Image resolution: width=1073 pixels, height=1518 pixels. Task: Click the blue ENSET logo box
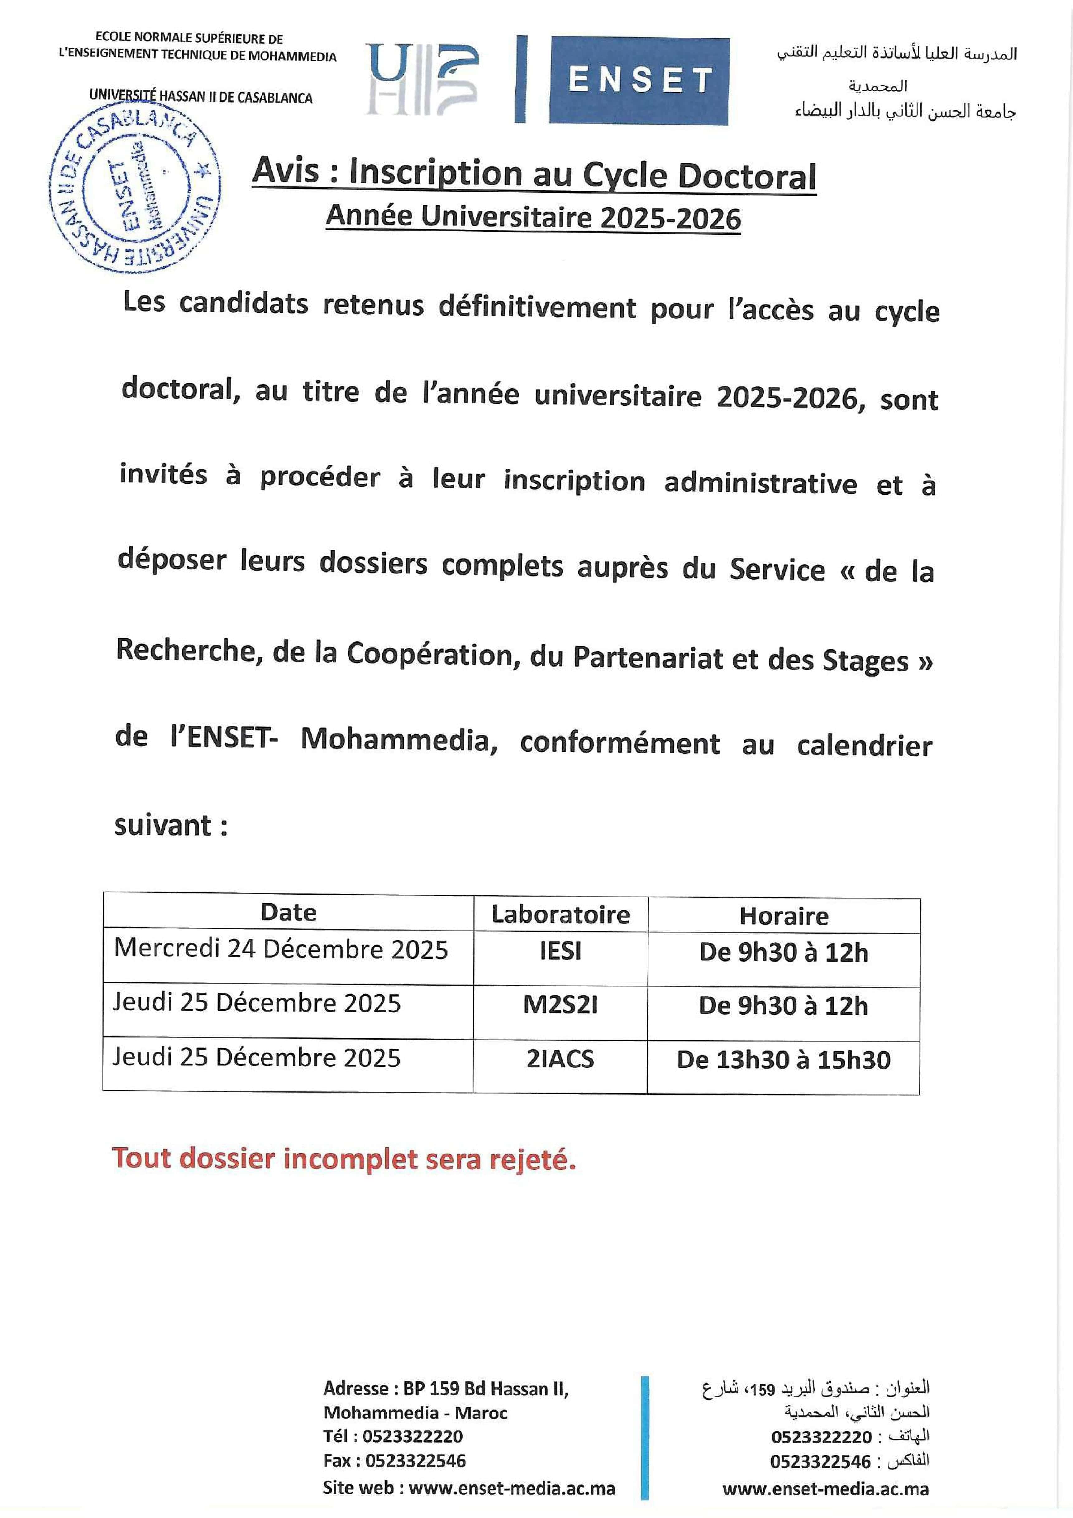639,81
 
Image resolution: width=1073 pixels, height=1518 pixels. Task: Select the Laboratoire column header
560,914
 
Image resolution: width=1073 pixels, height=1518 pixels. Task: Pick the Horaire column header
784,916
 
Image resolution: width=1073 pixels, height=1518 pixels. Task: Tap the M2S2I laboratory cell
560,1005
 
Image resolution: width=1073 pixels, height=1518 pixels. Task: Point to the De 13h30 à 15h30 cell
784,1060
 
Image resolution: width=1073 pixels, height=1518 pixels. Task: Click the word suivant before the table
163,825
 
